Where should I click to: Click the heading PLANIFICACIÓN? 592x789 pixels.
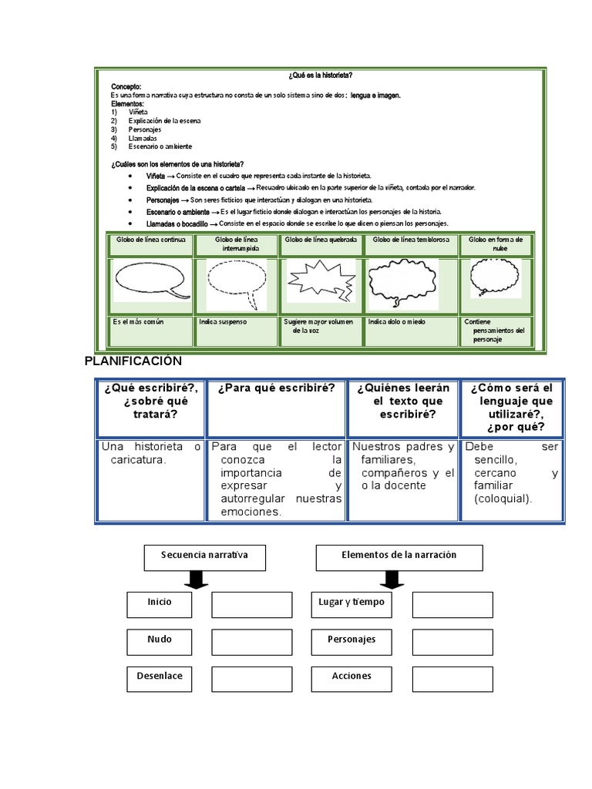(x=133, y=361)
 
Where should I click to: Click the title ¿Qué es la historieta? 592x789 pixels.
(x=321, y=75)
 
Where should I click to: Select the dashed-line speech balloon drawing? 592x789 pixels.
(x=236, y=281)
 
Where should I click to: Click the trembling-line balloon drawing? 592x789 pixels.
(x=403, y=282)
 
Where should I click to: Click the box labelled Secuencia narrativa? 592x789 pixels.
(x=204, y=556)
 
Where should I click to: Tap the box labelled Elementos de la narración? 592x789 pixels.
(x=399, y=556)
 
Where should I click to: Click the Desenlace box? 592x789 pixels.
(x=160, y=678)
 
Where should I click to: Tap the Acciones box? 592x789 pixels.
(x=351, y=678)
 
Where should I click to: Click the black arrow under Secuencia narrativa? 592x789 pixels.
(x=197, y=579)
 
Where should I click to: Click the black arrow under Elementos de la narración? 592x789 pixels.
(x=393, y=579)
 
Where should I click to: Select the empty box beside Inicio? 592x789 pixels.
(x=251, y=605)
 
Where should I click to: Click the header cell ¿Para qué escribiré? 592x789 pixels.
(x=276, y=389)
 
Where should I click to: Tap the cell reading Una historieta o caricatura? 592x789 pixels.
(x=150, y=454)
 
